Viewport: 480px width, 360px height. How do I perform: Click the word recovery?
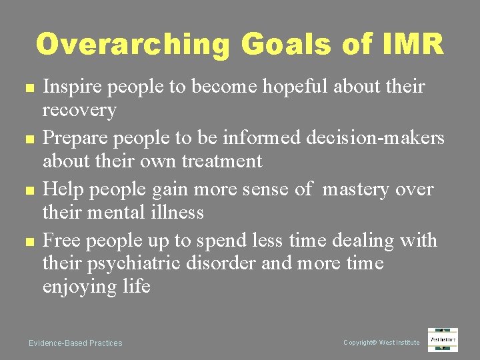79,109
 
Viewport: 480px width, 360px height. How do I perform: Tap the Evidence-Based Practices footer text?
75,343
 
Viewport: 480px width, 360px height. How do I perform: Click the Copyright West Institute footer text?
381,343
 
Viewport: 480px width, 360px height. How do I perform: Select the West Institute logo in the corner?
443,339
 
